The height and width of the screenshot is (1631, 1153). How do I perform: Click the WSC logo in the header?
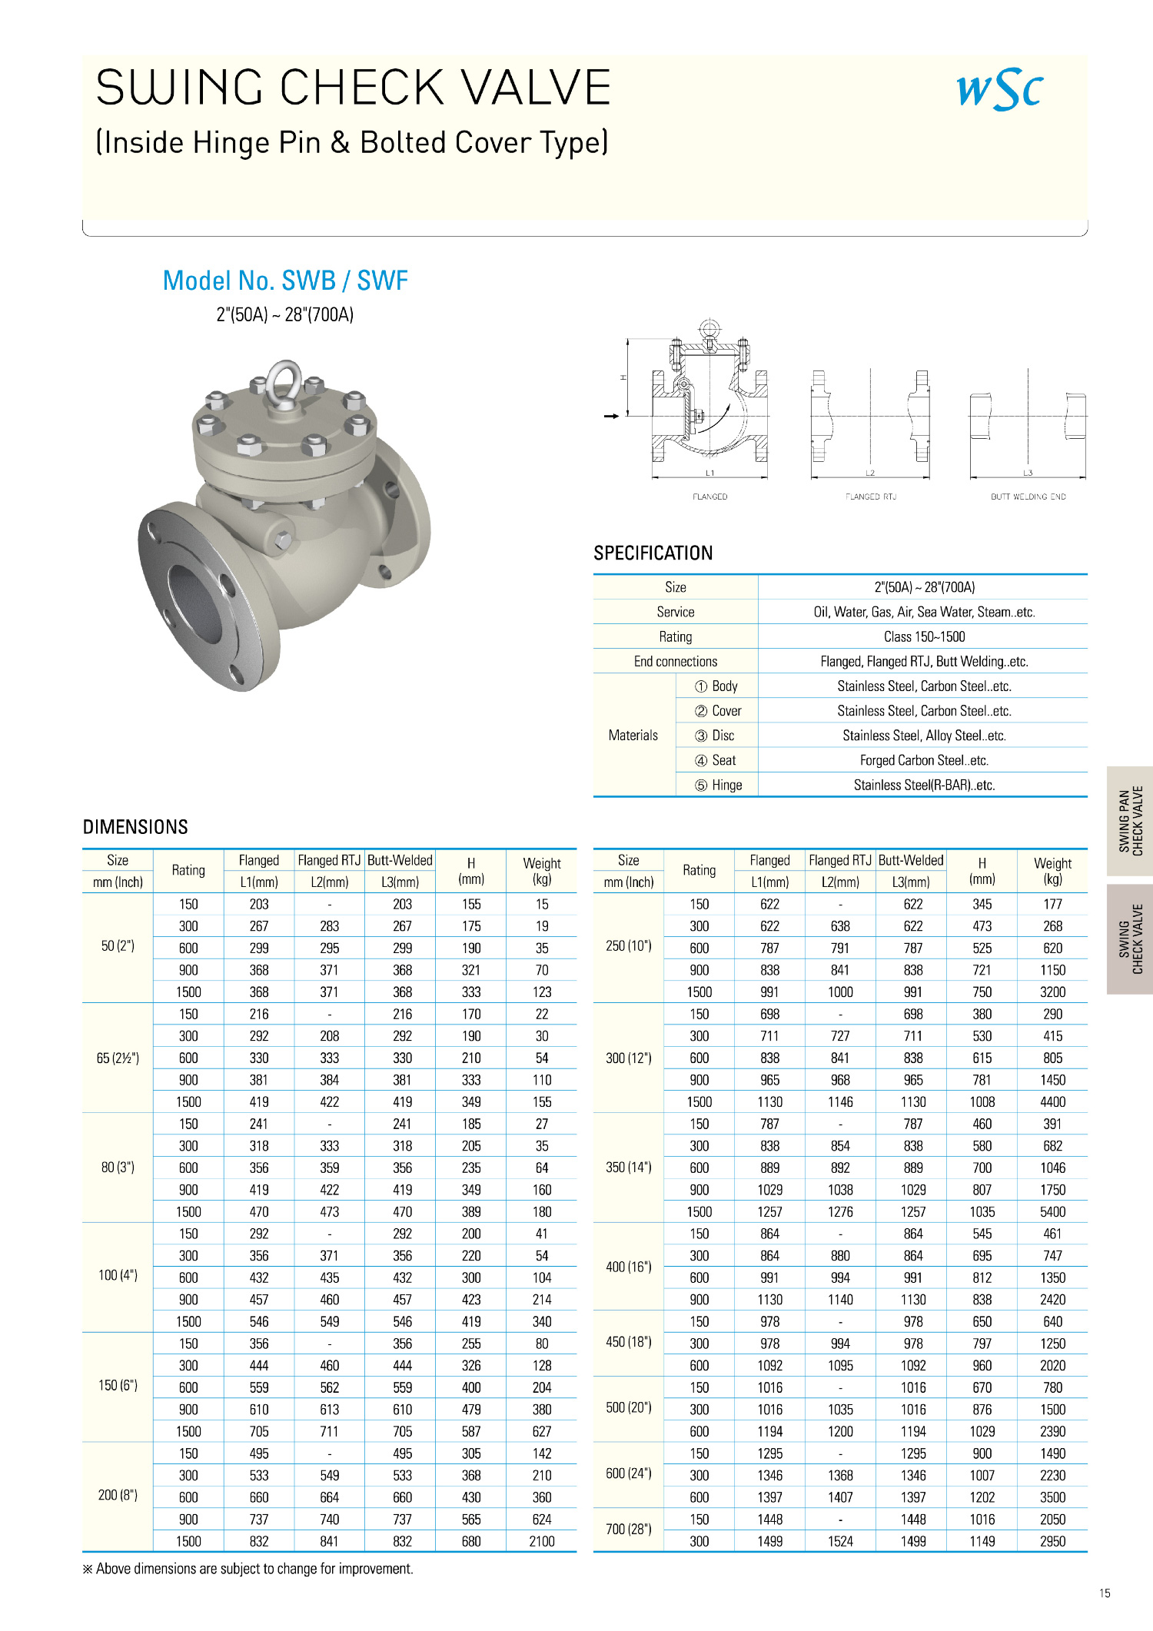click(x=999, y=90)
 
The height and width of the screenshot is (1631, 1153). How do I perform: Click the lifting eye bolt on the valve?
click(x=284, y=382)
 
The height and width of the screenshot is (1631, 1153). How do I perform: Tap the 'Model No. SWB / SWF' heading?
click(x=285, y=281)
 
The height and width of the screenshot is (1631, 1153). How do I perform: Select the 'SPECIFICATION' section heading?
click(x=653, y=553)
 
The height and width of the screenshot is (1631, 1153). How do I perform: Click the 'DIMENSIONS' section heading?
click(x=135, y=827)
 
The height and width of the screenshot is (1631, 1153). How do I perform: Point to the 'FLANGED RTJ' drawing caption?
click(x=871, y=497)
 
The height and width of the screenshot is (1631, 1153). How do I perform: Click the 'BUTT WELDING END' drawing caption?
click(x=1028, y=497)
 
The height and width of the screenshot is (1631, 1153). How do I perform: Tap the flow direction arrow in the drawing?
click(x=611, y=416)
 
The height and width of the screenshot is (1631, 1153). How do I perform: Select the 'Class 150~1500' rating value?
click(x=924, y=636)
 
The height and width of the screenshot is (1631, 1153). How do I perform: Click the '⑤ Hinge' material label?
click(x=718, y=785)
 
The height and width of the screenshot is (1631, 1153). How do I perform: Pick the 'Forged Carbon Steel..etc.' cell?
click(x=924, y=760)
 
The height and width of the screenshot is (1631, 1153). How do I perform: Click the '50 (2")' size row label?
click(x=118, y=946)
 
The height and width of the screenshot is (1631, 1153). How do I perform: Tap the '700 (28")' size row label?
click(x=628, y=1530)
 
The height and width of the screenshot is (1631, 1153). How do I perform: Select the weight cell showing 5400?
click(x=1052, y=1211)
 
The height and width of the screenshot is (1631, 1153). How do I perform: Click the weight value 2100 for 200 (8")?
click(x=542, y=1541)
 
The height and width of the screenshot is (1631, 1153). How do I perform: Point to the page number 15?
click(x=1105, y=1593)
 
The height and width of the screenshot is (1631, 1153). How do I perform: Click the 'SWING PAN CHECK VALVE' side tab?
click(x=1130, y=821)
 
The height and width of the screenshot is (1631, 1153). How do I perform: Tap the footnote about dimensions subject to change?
click(x=248, y=1569)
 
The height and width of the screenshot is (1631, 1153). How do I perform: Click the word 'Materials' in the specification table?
click(x=633, y=736)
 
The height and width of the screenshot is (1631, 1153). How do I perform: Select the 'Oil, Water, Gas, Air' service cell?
click(x=924, y=612)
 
